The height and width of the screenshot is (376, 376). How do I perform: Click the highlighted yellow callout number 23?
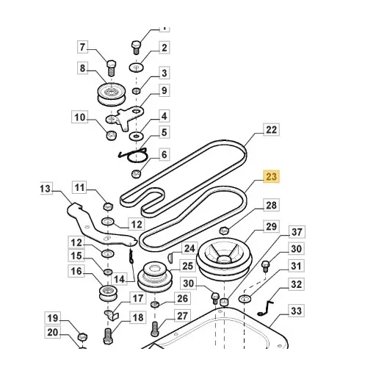pos(271,176)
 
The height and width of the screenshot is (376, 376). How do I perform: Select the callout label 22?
pos(271,130)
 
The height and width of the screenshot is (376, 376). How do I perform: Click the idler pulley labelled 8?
pos(112,95)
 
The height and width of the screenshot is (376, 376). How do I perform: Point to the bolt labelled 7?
pos(111,68)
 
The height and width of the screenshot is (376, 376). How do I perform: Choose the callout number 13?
pos(46,189)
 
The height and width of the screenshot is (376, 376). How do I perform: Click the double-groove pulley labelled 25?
pos(155,277)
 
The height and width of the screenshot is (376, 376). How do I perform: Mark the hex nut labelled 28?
pos(224,231)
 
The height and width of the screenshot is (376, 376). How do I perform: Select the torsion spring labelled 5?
pos(134,155)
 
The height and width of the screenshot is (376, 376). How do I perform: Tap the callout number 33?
pos(296,311)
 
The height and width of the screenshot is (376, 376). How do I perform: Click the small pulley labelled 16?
pos(108,293)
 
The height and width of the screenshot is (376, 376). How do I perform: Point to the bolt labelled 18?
pos(108,336)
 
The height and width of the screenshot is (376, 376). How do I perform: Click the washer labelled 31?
pos(245,298)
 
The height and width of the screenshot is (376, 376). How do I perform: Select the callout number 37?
pos(297,231)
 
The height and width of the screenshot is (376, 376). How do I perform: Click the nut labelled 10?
pos(111,135)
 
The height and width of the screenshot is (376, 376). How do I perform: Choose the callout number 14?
pos(119,279)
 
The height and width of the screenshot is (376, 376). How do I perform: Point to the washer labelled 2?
pos(137,67)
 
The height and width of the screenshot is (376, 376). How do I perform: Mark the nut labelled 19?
pos(82,337)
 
